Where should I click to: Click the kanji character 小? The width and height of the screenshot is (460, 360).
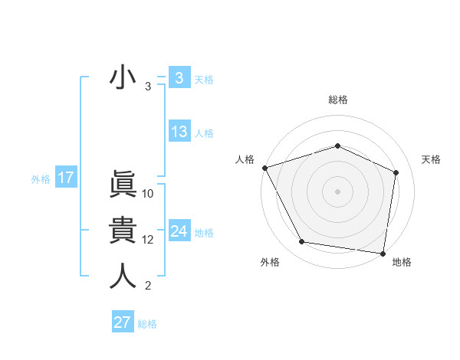[123, 78]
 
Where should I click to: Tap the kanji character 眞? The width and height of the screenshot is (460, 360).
[123, 184]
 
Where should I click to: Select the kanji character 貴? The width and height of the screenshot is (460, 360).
[123, 230]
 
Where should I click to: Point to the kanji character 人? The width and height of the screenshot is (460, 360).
[123, 276]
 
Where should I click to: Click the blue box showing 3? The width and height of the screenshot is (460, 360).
[179, 78]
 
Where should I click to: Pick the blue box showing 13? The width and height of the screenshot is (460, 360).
[179, 132]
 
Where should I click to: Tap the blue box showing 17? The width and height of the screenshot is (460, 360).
[66, 178]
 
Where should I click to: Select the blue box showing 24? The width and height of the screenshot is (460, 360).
[179, 231]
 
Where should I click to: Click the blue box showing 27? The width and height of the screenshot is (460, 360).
[123, 322]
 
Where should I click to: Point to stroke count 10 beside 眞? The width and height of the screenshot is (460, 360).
[148, 194]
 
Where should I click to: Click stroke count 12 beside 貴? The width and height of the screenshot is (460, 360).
[148, 240]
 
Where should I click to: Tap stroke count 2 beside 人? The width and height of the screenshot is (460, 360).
[148, 286]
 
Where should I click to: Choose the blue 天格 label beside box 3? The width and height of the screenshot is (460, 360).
[204, 79]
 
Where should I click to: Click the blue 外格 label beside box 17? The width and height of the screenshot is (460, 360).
[41, 179]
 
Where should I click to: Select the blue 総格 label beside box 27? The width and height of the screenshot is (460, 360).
[147, 323]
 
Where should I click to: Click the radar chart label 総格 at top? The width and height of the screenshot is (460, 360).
[337, 100]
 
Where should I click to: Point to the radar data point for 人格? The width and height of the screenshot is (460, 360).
[264, 167]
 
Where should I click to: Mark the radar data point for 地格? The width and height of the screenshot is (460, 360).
[383, 253]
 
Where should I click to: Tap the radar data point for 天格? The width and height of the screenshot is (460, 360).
[396, 172]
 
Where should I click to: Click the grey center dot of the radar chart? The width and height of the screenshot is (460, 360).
[337, 191]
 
